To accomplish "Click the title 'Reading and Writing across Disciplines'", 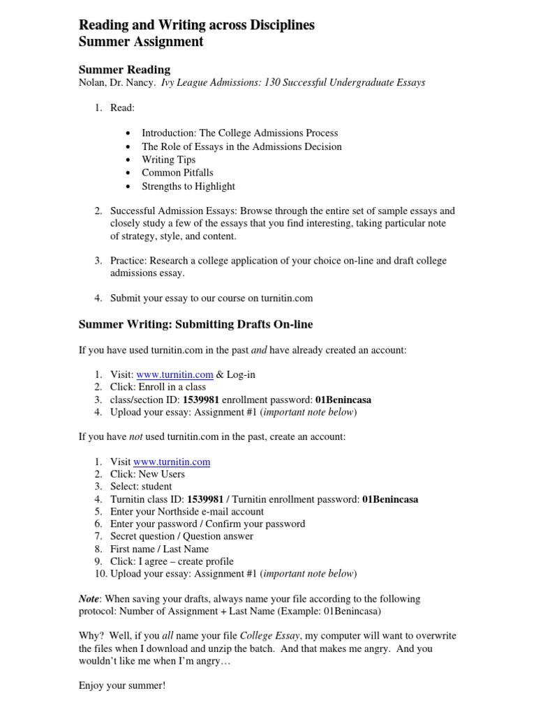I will click(x=196, y=25).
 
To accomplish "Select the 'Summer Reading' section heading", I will click(x=124, y=70).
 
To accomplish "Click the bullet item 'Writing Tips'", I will click(x=168, y=160).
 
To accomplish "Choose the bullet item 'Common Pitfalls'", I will click(x=177, y=172).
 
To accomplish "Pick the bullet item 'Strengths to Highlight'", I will click(x=188, y=186).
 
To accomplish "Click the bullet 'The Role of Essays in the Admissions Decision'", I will click(x=241, y=146).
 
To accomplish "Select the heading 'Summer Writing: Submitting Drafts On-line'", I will click(x=195, y=324).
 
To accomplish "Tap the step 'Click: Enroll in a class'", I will click(x=158, y=387).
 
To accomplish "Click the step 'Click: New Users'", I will click(x=147, y=474).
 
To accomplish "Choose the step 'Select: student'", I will click(x=141, y=487).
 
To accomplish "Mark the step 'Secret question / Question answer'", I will click(x=181, y=537).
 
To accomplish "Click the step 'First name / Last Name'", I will click(x=159, y=549).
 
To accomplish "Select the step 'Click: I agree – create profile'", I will click(x=172, y=562).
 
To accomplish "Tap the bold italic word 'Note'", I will click(x=88, y=599).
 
